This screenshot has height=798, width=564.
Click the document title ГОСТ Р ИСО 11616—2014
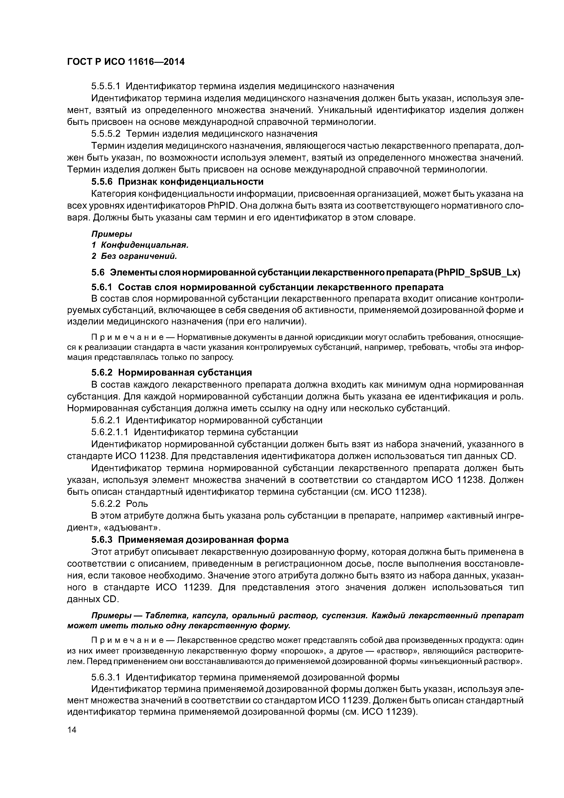pyautogui.click(x=126, y=62)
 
